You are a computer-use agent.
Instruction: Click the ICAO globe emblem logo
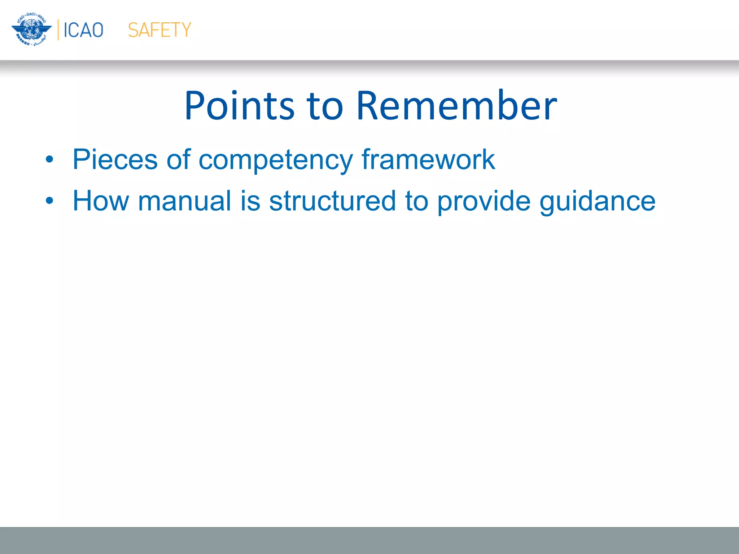coord(31,30)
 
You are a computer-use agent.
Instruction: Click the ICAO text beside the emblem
coord(83,30)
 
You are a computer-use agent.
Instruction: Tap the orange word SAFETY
coord(159,30)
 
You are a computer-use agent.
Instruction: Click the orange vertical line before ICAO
coord(58,30)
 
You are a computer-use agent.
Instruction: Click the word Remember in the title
coord(456,106)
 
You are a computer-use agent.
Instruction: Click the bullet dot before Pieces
coord(49,159)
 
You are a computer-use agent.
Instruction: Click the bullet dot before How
coord(49,201)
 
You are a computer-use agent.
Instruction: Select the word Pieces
coord(115,159)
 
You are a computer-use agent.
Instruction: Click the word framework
coord(428,159)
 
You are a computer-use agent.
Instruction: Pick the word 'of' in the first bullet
coord(178,159)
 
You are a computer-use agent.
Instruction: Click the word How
coord(101,201)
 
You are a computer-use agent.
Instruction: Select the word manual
coord(184,201)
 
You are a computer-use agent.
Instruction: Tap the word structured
coord(332,201)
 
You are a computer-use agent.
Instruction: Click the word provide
coord(484,201)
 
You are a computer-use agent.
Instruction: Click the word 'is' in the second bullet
coord(250,201)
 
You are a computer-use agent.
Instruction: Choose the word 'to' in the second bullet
coord(416,201)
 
